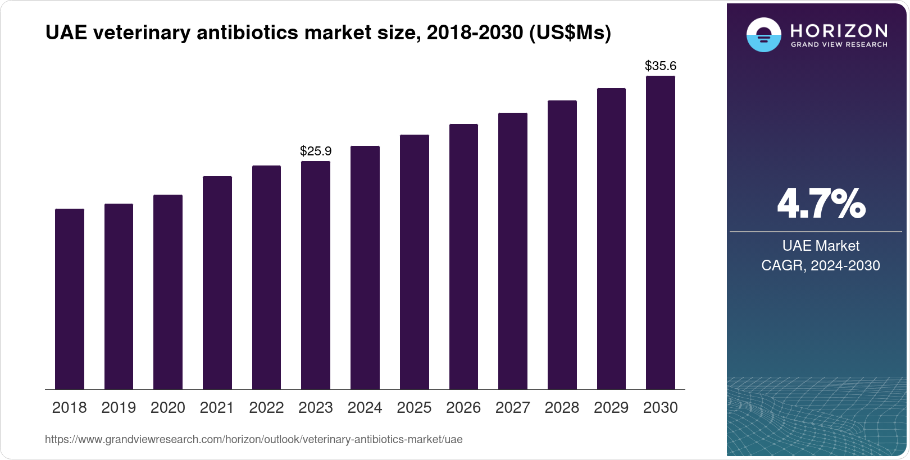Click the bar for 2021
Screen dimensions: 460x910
(217, 283)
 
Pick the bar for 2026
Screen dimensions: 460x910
(463, 256)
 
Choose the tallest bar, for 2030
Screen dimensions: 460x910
(661, 232)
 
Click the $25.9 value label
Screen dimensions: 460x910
(316, 151)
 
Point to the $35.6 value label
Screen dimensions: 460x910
(661, 66)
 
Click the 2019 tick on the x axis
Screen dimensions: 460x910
(119, 408)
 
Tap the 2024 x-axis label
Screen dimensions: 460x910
(365, 408)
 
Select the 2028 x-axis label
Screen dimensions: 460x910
(562, 408)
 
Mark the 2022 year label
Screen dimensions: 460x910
(266, 408)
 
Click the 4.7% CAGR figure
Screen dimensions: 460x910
(821, 204)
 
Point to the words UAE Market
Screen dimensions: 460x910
(821, 246)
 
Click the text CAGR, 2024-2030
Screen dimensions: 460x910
(821, 265)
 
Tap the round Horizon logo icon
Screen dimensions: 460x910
(763, 35)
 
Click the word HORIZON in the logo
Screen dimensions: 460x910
(839, 30)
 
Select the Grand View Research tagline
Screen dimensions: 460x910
(839, 45)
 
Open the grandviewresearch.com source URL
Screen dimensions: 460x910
(254, 440)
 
